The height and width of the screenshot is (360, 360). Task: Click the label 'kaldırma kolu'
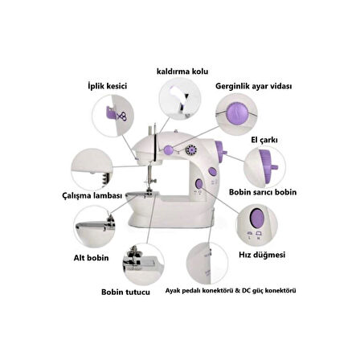click(182, 72)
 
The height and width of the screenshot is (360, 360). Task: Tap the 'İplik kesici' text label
click(107, 86)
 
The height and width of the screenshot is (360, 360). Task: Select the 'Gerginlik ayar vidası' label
click(253, 86)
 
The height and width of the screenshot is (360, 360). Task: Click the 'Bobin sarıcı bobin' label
click(263, 192)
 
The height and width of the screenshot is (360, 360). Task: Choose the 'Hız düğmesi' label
click(262, 255)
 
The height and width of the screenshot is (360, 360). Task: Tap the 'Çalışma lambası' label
click(92, 195)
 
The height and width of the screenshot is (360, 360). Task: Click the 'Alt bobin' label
click(91, 258)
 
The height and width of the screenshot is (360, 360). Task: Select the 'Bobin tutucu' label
click(125, 292)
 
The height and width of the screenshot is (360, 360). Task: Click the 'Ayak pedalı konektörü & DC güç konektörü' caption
click(231, 291)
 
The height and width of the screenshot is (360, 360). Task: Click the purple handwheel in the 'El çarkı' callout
click(268, 166)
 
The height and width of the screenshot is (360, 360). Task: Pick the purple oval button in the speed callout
click(257, 218)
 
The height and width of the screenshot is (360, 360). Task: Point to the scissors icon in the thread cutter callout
click(122, 117)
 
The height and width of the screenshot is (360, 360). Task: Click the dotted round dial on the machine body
click(192, 150)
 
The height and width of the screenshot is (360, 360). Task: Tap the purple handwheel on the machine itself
click(220, 152)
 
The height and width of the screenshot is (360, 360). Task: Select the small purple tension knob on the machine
click(169, 149)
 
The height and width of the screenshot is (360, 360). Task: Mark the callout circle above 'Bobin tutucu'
click(144, 264)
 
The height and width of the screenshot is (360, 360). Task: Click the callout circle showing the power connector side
click(207, 263)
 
